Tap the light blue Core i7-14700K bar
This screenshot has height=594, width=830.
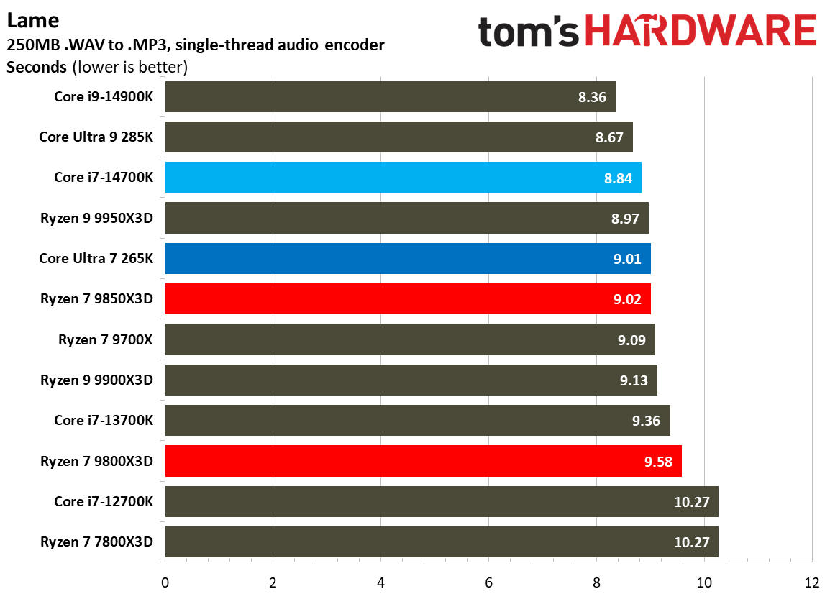[x=403, y=178]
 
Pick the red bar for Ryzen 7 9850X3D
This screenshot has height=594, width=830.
[x=408, y=298]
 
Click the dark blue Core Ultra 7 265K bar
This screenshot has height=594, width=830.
[x=408, y=258]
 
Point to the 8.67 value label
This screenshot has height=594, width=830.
[x=609, y=137]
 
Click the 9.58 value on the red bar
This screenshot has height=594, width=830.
[x=658, y=461]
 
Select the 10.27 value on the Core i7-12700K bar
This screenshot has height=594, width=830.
[x=692, y=502]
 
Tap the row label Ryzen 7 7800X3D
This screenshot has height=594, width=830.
[x=97, y=542]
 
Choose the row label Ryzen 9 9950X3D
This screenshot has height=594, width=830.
[x=97, y=218]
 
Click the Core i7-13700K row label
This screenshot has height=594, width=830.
[x=103, y=420]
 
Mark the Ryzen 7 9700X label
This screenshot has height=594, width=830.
[x=106, y=339]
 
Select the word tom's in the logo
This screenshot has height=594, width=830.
[x=529, y=32]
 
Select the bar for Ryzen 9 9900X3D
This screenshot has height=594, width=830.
[x=411, y=380]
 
